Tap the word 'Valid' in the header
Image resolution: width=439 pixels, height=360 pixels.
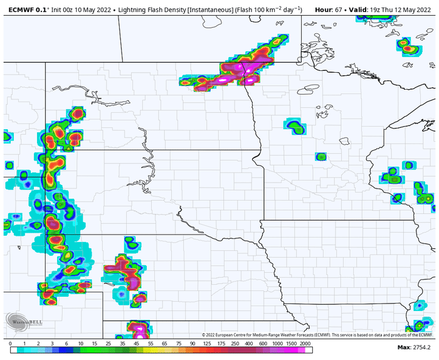coord(360,9)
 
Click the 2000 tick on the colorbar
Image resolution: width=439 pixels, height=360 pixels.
coord(305,344)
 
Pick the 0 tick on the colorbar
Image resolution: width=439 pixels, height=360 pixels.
coord(11,344)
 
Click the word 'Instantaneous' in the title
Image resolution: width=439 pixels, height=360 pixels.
coord(211,9)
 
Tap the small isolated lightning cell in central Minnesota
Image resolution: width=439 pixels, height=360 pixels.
coord(320,156)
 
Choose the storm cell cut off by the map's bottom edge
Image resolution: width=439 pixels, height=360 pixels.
coord(139,329)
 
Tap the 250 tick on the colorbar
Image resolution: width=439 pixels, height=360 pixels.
coord(233,344)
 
